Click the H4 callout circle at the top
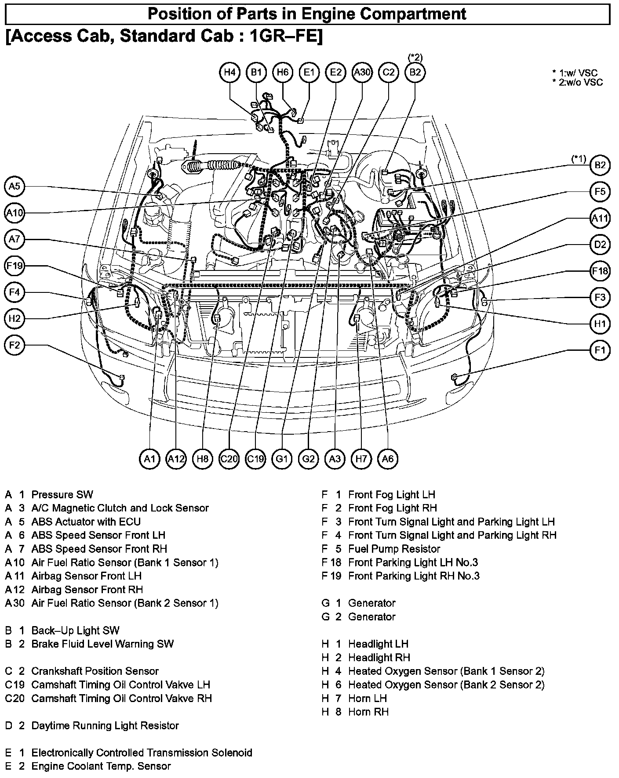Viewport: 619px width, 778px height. tap(229, 72)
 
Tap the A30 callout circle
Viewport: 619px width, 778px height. tap(362, 72)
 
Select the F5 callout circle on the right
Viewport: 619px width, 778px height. tap(600, 191)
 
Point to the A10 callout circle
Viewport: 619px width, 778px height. tap(15, 213)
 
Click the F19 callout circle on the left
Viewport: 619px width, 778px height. tap(15, 266)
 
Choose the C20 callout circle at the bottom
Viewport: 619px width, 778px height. tap(229, 459)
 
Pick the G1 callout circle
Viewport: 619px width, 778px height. tap(282, 459)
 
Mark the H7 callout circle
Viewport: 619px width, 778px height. tap(361, 459)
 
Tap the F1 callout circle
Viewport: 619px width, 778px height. tap(600, 350)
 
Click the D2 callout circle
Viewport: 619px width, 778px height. tap(600, 245)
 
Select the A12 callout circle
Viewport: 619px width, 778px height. tap(176, 459)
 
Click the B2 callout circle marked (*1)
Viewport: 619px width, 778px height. tap(600, 165)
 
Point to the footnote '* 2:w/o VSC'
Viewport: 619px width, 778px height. tap(578, 82)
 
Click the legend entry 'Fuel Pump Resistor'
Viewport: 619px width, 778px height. tap(394, 549)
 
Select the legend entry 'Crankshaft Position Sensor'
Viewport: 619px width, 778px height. tap(95, 671)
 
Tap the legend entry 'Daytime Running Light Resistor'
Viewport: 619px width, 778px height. tap(105, 725)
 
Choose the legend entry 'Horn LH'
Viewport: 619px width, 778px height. tap(367, 698)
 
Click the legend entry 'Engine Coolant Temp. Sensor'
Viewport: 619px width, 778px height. tap(101, 766)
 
